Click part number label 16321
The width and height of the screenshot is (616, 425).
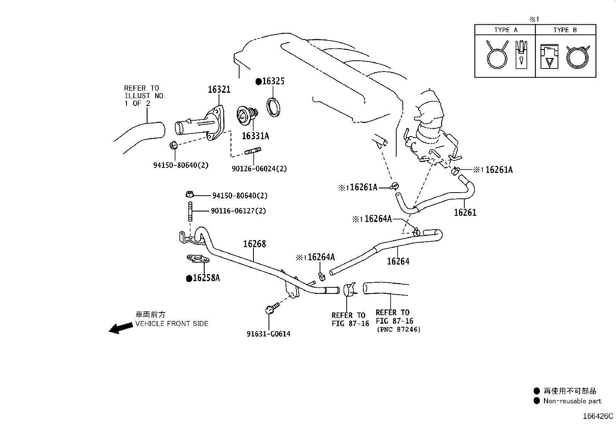(219, 89)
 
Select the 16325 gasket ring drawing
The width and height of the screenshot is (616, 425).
(274, 108)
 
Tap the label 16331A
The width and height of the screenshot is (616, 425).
(255, 136)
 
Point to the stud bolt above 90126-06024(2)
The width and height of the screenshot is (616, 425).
(253, 152)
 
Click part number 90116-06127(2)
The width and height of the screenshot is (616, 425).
(239, 211)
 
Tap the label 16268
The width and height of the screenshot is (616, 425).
(254, 244)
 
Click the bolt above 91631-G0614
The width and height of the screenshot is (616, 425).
(271, 309)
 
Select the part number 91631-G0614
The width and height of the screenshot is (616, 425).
(268, 334)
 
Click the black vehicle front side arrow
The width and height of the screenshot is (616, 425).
(120, 328)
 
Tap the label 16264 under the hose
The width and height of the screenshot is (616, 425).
(398, 261)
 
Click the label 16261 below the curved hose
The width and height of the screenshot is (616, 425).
(465, 212)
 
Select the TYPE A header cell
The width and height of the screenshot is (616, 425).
(505, 30)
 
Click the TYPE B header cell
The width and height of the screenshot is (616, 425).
(565, 30)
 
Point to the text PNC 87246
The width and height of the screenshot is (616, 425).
(398, 329)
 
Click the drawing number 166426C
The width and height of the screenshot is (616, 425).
(598, 416)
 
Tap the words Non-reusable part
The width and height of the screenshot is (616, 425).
(572, 401)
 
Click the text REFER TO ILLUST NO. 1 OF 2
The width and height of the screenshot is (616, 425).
(144, 96)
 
